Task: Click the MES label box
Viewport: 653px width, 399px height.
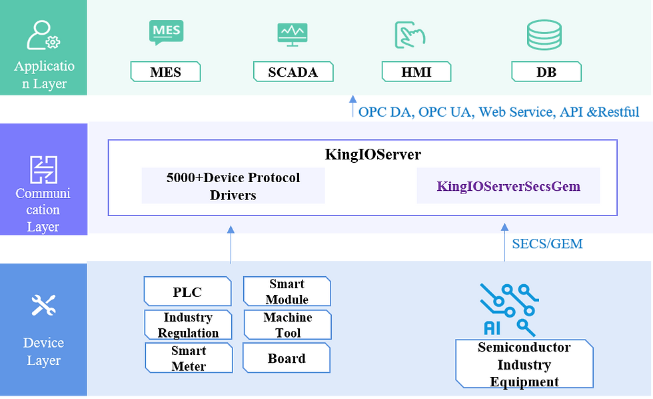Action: tap(165, 72)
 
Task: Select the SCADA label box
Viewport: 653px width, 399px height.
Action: tap(293, 72)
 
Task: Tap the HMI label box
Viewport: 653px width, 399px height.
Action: tap(416, 72)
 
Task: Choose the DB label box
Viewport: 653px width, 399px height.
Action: tap(546, 72)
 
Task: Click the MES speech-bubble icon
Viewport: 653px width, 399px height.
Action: tap(166, 33)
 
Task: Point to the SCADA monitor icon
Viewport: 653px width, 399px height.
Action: tap(293, 34)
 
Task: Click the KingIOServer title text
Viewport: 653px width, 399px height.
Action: tap(372, 155)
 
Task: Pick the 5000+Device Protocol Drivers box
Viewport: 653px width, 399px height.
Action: tap(233, 186)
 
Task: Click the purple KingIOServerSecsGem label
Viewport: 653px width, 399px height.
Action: tap(508, 186)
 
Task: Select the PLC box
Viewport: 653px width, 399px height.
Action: tap(187, 292)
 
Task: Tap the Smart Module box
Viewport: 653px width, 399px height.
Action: tap(287, 292)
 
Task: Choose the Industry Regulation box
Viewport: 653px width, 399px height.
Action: tap(188, 325)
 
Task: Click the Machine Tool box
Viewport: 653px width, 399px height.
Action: tap(287, 325)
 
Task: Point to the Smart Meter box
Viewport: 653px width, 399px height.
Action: tap(189, 358)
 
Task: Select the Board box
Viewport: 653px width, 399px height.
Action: tap(287, 358)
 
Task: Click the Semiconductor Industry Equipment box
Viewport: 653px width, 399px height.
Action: tap(524, 364)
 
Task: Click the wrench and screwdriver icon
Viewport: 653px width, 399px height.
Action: tap(43, 306)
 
